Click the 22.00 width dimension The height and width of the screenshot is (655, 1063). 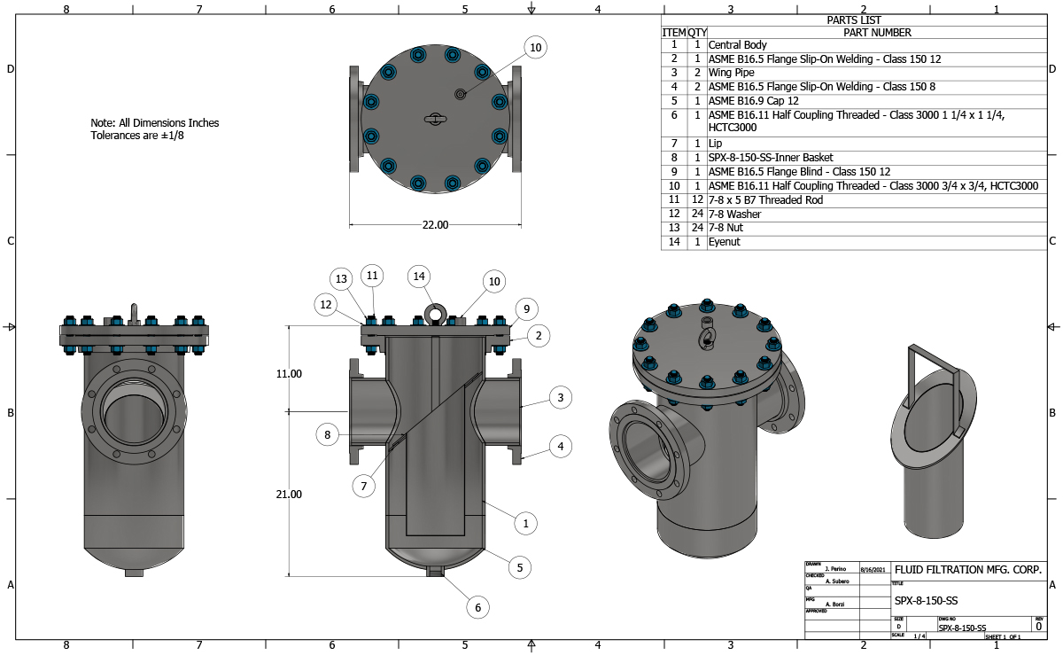[x=435, y=225]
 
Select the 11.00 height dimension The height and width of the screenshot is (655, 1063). [x=289, y=374]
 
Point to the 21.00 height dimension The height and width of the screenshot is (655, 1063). [x=289, y=494]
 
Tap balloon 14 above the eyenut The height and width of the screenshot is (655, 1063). [x=420, y=277]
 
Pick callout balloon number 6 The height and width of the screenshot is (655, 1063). [x=477, y=607]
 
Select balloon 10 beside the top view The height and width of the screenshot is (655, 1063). [x=534, y=47]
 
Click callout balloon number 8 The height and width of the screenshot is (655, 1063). [x=328, y=435]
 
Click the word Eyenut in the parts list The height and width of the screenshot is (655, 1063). [x=724, y=242]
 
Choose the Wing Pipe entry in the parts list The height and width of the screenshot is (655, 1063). [x=731, y=73]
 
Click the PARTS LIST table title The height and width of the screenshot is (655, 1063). [x=854, y=20]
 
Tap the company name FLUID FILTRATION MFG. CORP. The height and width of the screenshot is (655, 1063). [x=967, y=569]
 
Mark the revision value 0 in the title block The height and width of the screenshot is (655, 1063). [x=1038, y=626]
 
